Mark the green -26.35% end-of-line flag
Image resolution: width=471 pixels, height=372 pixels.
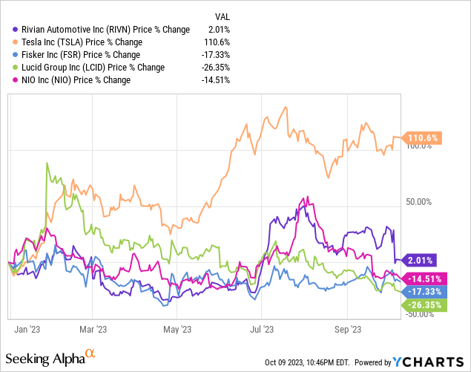click(x=422, y=304)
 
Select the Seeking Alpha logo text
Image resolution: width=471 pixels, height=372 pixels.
click(x=53, y=359)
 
